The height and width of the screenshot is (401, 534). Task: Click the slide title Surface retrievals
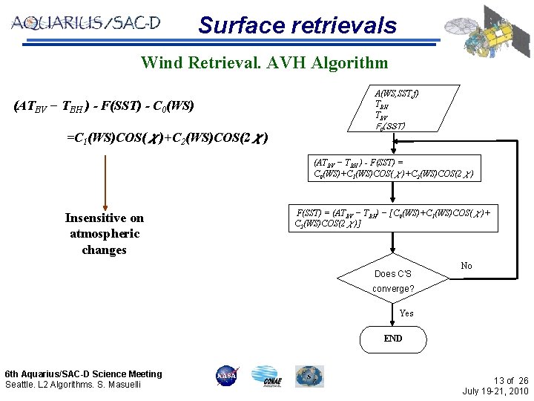click(x=297, y=25)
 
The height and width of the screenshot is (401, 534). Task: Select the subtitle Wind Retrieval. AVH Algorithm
click(x=264, y=62)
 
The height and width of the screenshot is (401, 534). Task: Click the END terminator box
click(x=393, y=339)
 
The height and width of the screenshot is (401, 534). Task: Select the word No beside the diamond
click(x=467, y=266)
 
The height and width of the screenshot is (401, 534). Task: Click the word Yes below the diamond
click(x=406, y=313)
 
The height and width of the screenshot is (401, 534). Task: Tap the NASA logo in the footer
click(x=226, y=376)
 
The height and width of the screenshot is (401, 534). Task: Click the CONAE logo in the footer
click(x=266, y=376)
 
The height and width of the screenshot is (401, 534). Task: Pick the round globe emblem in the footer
click(x=309, y=376)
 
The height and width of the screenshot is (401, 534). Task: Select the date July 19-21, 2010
click(x=495, y=391)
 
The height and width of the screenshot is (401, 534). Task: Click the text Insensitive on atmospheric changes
click(x=105, y=234)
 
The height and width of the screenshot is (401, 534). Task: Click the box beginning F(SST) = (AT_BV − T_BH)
click(x=393, y=217)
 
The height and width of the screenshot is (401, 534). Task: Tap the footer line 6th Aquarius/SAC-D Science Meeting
click(x=83, y=374)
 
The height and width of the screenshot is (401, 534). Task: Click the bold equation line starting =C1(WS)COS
click(x=167, y=138)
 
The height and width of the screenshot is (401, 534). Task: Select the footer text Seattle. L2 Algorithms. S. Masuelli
click(x=73, y=384)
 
